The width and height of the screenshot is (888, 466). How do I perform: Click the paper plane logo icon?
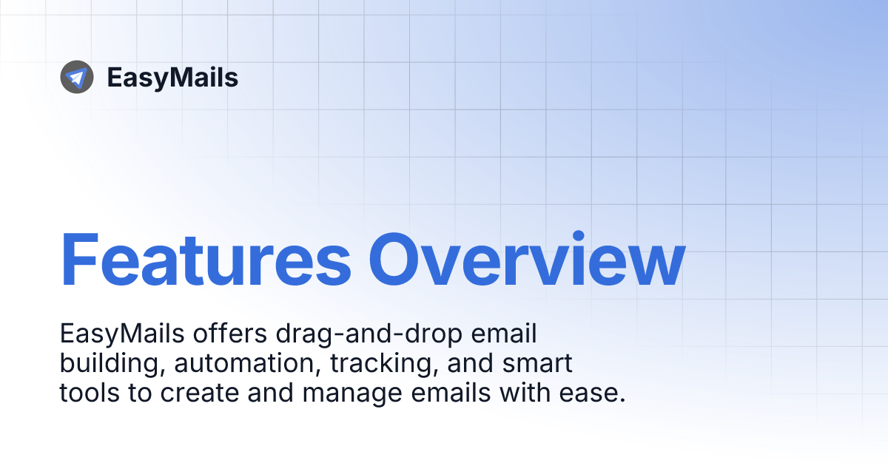coord(77,77)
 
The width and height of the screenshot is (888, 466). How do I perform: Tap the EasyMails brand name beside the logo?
coord(172,78)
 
